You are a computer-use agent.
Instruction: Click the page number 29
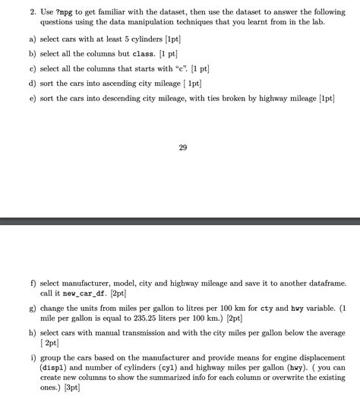pyautogui.click(x=182, y=147)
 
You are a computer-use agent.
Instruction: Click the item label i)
pyautogui.click(x=33, y=356)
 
